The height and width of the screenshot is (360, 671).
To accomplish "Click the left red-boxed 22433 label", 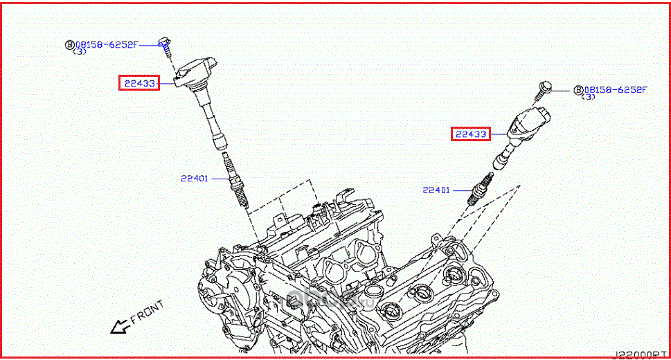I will [x=138, y=84].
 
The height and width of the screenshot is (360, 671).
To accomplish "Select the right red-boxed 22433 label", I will [x=470, y=134].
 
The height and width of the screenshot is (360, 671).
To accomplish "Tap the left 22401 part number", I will [x=195, y=178].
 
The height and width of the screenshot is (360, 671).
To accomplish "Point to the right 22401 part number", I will [x=436, y=190].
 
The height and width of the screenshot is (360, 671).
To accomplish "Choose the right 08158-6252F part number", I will [x=615, y=89].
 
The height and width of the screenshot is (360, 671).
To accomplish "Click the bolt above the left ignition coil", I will [x=165, y=45].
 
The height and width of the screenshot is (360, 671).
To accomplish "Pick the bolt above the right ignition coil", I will [x=544, y=89].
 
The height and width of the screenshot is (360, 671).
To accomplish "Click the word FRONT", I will [x=147, y=312].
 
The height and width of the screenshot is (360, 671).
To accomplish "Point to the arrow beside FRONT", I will [x=120, y=325].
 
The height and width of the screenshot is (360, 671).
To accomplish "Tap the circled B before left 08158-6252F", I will [x=69, y=44].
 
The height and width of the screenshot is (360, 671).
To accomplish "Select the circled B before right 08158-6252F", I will [x=578, y=89].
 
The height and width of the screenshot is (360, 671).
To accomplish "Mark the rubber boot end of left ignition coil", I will [x=220, y=145].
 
